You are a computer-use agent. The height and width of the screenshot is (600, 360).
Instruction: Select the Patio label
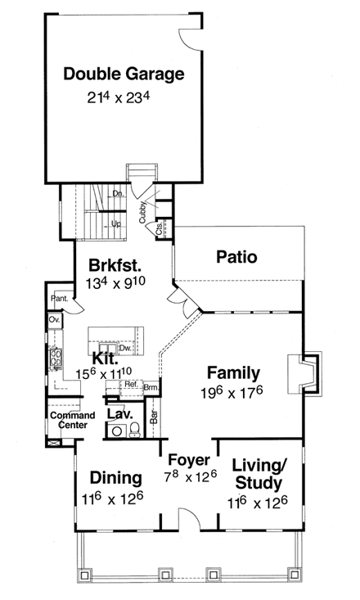click(237, 257)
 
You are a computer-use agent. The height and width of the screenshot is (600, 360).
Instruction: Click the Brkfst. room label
click(115, 266)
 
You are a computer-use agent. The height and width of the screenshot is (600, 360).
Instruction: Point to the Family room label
click(233, 372)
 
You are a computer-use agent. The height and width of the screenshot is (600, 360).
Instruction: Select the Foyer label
click(189, 460)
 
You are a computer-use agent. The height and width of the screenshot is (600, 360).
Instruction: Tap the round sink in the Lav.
click(116, 432)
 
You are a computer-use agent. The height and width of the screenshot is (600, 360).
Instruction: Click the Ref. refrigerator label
click(131, 384)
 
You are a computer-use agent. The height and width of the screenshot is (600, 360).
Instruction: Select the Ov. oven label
click(53, 319)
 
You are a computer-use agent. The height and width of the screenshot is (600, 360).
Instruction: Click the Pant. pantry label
click(58, 298)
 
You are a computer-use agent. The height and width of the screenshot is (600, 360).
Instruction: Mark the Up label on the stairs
click(115, 223)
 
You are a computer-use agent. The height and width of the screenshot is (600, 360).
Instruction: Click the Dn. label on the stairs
click(117, 193)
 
